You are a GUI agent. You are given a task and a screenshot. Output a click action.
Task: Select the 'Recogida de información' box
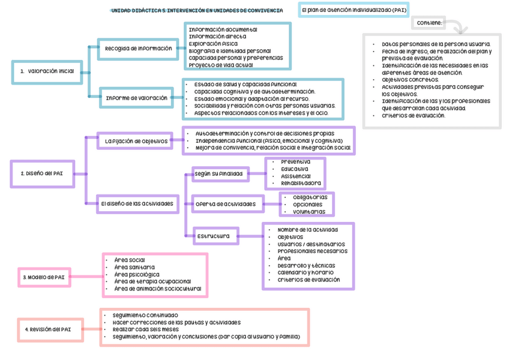pos(138,49)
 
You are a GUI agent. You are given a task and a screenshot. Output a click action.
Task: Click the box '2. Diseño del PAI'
pos(42,173)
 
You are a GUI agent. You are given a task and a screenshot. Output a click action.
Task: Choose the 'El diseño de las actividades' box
pos(137,203)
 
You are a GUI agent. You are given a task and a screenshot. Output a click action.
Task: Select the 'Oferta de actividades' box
pos(226,204)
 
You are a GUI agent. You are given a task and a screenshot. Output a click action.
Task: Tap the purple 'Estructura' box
pos(213,236)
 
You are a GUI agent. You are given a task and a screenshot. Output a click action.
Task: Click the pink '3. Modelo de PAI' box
pos(43,277)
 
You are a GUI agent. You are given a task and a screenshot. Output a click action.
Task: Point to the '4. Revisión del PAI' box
pos(48,329)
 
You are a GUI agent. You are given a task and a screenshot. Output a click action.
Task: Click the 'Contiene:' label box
pos(429,23)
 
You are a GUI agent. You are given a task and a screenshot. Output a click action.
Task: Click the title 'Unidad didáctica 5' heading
pos(197,11)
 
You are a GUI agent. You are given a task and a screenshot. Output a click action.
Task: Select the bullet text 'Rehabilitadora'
pos(301,183)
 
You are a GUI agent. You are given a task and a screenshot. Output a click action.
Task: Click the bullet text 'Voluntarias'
pos(309,212)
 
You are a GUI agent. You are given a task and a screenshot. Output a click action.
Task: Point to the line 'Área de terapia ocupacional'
pos(152,281)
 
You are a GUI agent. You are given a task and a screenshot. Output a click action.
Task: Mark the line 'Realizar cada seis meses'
pos(145,329)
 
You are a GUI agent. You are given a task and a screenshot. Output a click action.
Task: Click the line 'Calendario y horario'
pos(306,272)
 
